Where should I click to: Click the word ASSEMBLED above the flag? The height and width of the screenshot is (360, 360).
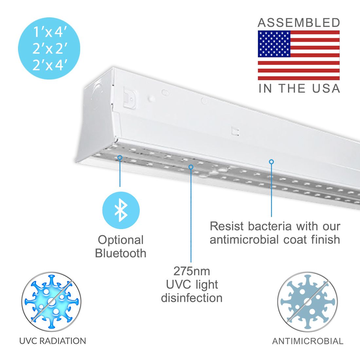299,23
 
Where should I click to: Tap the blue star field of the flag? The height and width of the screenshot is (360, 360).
274,44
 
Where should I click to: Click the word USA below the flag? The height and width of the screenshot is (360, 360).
326,89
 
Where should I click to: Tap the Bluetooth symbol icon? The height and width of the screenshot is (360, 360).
121,210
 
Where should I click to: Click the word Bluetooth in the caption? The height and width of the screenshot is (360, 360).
120,253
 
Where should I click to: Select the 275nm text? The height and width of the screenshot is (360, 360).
192,271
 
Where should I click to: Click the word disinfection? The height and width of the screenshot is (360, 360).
192,298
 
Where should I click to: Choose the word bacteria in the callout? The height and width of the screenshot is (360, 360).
270,226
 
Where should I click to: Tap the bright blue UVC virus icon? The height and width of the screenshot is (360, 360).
51,302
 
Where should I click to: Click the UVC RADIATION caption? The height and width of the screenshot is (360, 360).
53,341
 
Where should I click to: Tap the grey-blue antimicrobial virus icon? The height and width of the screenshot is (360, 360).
307,302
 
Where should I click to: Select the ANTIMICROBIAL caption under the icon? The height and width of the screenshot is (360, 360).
308,341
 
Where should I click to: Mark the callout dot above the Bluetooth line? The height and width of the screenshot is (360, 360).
120,157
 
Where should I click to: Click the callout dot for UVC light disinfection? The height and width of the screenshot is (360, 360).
191,167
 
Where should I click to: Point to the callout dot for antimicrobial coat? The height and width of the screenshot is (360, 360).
271,162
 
